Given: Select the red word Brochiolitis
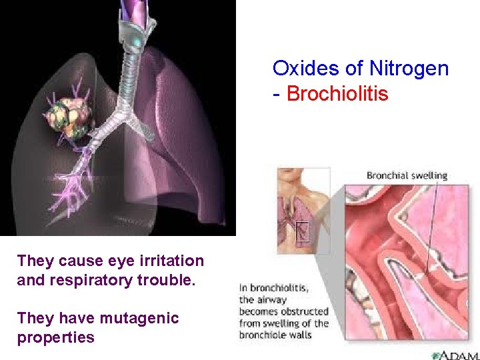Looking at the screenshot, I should click(337, 94).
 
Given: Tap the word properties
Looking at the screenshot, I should click(56, 337).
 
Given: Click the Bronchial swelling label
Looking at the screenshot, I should click(407, 176).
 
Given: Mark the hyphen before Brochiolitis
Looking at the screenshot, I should click(277, 95).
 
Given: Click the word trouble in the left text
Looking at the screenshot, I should click(172, 280).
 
